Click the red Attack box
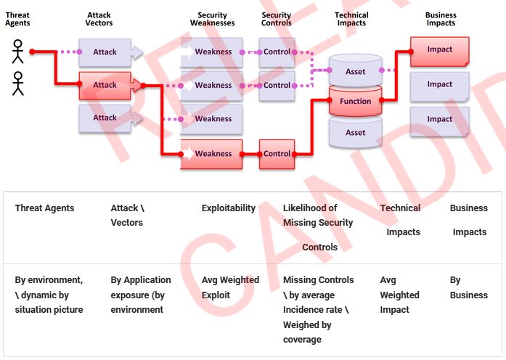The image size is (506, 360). point(105,86)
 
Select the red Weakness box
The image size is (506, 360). point(212,154)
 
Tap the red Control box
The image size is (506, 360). point(277,154)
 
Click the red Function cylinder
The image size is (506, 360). point(356,102)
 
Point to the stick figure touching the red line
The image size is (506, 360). point(18,52)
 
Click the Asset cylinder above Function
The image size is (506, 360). point(356,71)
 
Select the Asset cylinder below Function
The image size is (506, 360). point(356,132)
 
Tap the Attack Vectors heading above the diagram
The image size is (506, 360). point(99,19)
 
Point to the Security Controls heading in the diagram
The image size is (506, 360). point(277,19)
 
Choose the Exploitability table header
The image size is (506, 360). point(229,208)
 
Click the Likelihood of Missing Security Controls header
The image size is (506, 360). point(319,227)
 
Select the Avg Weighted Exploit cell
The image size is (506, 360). point(230,287)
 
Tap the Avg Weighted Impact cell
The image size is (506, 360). point(399,295)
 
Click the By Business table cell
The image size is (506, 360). point(468,287)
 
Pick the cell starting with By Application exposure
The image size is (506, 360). point(141,295)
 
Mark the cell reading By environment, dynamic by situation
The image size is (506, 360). point(49,295)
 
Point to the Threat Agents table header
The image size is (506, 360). point(44,208)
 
